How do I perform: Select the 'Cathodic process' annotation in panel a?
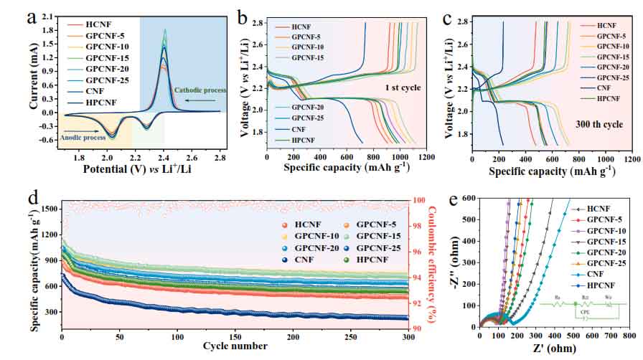tap(200, 90)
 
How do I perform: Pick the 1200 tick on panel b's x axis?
tap(427, 158)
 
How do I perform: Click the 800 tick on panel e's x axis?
tap(629, 333)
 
